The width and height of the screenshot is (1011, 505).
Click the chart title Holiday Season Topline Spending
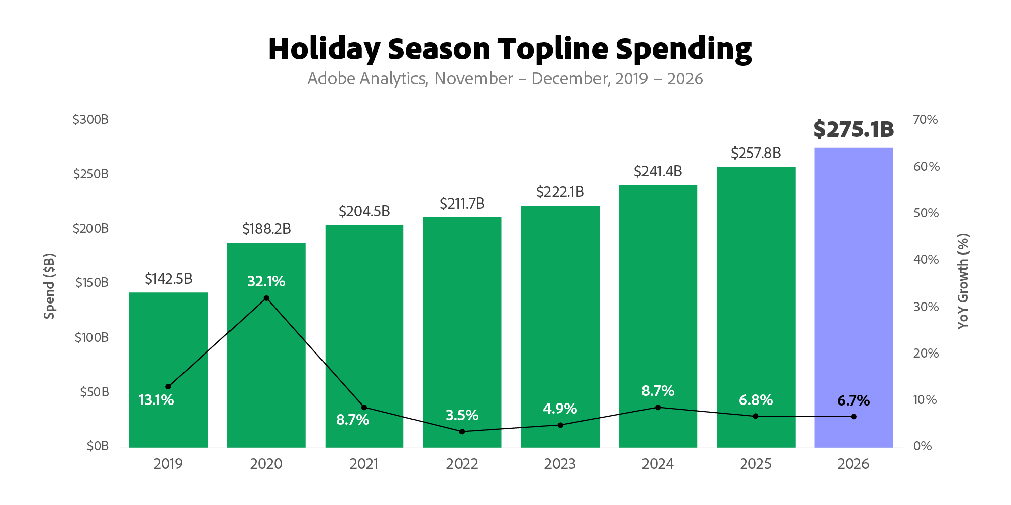510,49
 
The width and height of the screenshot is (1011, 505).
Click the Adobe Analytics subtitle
505,79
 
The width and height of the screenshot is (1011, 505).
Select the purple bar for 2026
854,297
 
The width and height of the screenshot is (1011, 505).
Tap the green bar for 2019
168,370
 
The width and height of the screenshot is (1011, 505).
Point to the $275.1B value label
854,129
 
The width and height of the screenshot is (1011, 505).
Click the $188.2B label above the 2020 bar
266,229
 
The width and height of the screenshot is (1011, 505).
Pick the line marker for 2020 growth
266,298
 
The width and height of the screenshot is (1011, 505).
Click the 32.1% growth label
266,281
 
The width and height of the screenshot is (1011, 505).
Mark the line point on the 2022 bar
462,431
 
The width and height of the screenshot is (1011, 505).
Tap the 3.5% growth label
462,415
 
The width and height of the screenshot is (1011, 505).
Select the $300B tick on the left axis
90,120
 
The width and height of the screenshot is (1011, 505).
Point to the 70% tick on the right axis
926,120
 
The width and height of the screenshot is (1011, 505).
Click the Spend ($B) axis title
49,286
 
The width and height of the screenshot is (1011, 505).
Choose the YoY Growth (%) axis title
963,281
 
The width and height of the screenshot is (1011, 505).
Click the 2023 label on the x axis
560,464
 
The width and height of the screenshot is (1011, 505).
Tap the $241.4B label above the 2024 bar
658,171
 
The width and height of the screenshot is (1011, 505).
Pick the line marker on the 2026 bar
854,416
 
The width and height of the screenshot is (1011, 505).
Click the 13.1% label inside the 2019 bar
156,400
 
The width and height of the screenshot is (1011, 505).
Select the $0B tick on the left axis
98,446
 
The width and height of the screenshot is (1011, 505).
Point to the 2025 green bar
756,307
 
